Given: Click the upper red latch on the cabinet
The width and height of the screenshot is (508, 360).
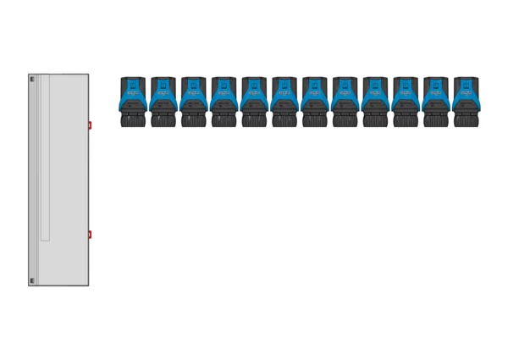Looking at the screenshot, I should coord(90,125).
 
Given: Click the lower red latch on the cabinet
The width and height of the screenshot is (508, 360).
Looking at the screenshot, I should coord(90,235).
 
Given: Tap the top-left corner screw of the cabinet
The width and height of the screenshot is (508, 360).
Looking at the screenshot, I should coord(33,79).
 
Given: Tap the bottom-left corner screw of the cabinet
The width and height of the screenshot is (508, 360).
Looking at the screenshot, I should coord(33,280).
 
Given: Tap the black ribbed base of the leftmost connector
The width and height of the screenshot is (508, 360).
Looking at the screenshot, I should coord(133,121).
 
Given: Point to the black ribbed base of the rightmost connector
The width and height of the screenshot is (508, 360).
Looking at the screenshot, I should coord(466,121).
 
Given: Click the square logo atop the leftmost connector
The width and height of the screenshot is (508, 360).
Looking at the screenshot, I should coord(133,85).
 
